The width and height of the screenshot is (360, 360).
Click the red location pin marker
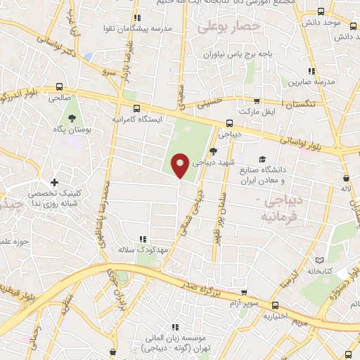[181, 165]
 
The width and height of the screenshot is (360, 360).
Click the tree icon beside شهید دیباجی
[212, 150]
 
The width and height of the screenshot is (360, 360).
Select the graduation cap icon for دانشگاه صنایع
[262, 159]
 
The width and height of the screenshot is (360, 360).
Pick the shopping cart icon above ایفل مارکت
[257, 102]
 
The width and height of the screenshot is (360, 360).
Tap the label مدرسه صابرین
[307, 82]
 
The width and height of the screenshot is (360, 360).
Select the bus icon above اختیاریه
[276, 306]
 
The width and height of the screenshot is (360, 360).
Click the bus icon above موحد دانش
[321, 12]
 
